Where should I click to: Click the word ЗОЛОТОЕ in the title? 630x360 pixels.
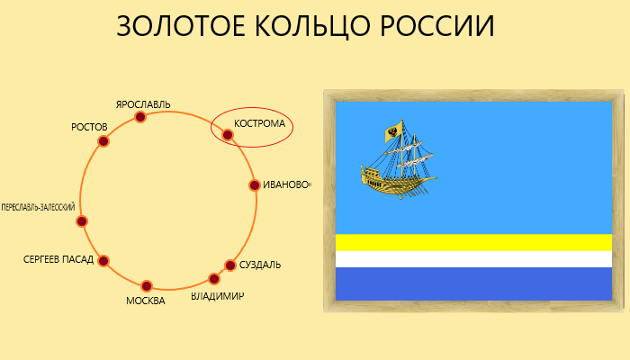tap(181, 26)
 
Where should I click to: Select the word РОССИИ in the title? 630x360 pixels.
tap(437, 26)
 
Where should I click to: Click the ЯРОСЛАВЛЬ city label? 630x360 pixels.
tap(143, 104)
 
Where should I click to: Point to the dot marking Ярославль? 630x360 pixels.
tap(139, 117)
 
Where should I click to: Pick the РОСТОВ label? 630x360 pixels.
tap(89, 127)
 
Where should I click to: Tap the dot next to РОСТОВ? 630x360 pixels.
tap(103, 141)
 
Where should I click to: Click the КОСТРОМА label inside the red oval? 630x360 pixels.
tap(259, 123)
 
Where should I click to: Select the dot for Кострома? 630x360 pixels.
tap(228, 135)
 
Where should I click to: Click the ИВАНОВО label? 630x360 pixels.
tap(285, 184)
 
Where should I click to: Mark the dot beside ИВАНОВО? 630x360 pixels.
tap(255, 185)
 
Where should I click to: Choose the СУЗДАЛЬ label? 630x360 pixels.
tap(260, 265)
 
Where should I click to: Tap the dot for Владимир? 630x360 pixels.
tap(214, 279)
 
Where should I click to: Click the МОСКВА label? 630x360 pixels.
tap(146, 301)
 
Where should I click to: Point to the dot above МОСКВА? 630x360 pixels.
tap(147, 286)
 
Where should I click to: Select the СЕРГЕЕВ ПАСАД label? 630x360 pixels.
tap(58, 259)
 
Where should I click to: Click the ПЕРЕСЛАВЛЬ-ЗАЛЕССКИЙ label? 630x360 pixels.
tap(38, 207)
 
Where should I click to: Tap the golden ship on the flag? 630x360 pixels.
tap(398, 159)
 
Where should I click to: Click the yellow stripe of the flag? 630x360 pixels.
tap(473, 242)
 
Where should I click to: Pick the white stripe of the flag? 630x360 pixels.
tap(473, 259)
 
